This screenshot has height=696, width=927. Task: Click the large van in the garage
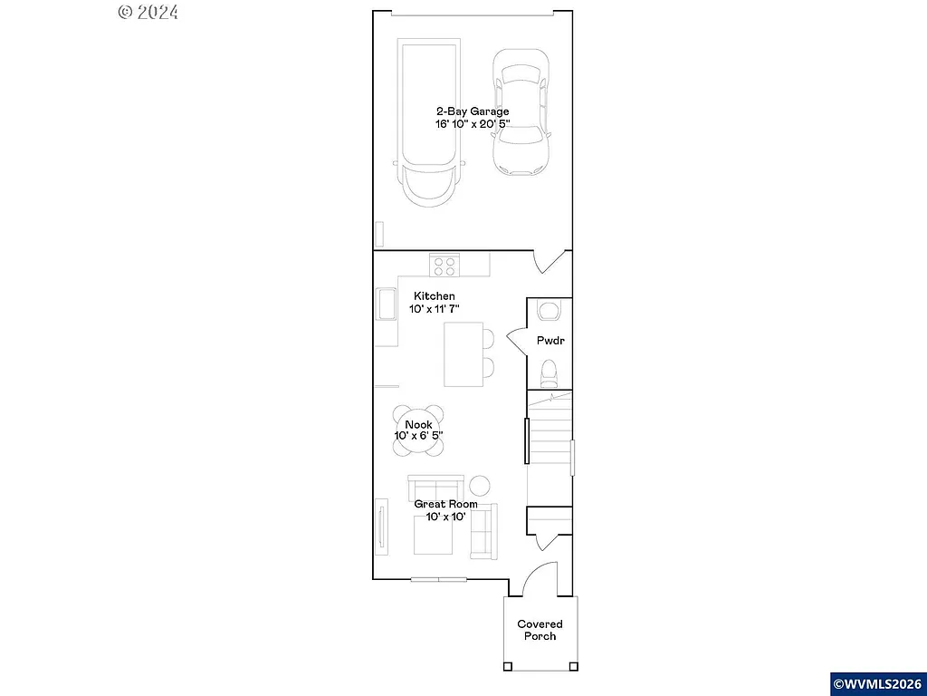429,118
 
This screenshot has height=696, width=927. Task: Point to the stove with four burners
444,265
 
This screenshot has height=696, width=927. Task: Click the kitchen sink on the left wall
385,304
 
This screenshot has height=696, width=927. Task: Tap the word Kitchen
434,296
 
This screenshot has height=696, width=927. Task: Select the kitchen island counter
463,354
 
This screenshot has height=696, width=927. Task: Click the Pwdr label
550,342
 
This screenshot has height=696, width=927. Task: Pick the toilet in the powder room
549,373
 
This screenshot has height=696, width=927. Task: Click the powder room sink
549,312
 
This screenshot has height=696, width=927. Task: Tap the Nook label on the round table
418,424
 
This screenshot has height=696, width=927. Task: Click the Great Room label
445,504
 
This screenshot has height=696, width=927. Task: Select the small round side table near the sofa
478,486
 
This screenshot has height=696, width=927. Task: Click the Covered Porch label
540,630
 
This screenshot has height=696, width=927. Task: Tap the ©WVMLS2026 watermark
877,682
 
